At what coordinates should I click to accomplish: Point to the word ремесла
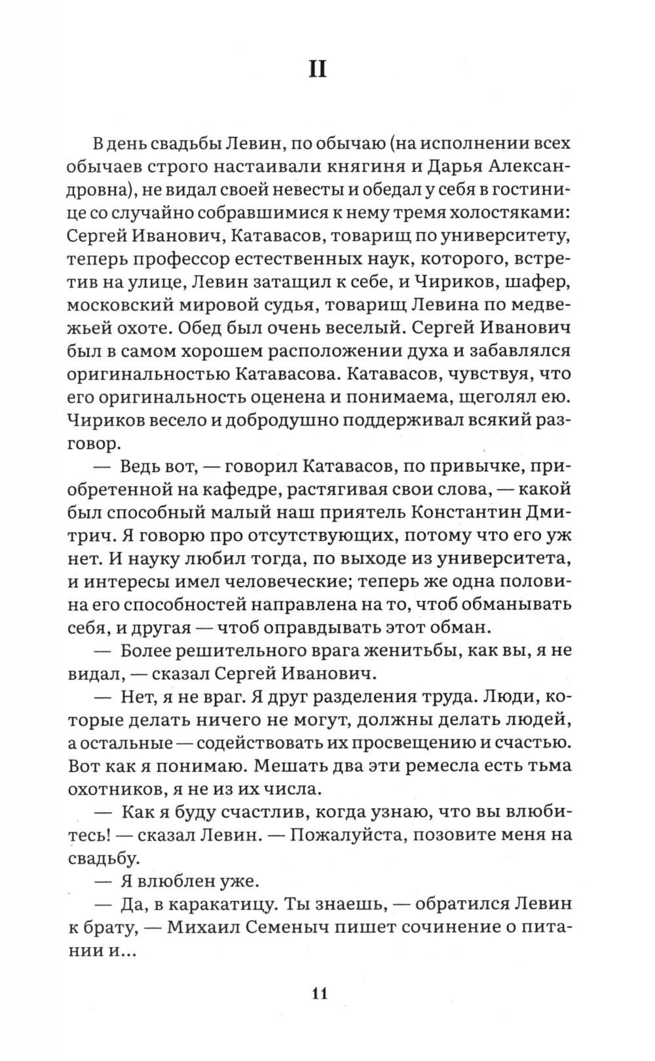tap(438, 766)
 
